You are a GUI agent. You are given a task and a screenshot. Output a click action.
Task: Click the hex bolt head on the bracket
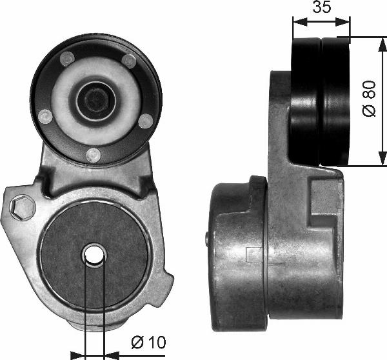pyautogui.click(x=24, y=206)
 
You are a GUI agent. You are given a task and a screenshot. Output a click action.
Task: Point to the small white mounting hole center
pyautogui.click(x=95, y=255)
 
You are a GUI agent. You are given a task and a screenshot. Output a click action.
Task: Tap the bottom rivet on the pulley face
pyautogui.click(x=94, y=154)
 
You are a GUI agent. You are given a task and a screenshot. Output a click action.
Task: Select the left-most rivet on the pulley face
pyautogui.click(x=45, y=116)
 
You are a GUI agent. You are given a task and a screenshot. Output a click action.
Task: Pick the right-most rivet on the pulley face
pyautogui.click(x=146, y=120)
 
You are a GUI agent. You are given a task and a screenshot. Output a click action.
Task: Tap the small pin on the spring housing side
pyautogui.click(x=207, y=239)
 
